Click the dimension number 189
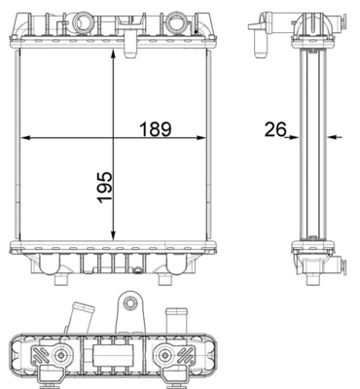tap(155, 129)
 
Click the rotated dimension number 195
tap(105, 188)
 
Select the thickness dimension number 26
tap(275, 129)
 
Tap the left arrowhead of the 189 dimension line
tap(25, 138)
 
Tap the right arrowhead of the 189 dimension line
tap(201, 138)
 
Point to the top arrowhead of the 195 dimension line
tap(113, 54)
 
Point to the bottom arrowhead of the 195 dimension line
tap(113, 236)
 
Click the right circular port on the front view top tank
tap(175, 22)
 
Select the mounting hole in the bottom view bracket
tap(130, 303)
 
